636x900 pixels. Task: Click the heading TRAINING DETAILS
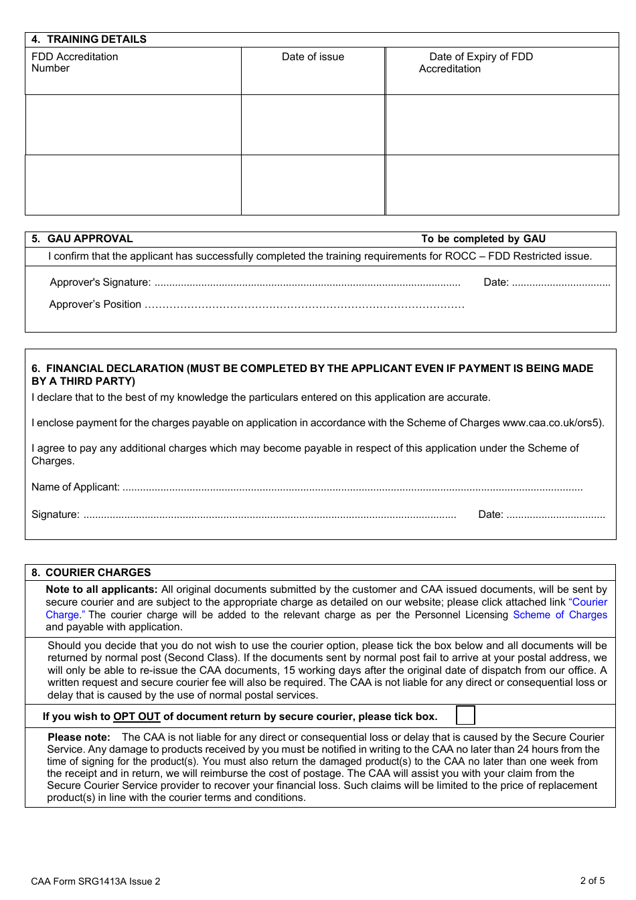(x=96, y=39)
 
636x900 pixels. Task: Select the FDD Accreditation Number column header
(x=74, y=62)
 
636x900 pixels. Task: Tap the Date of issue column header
(x=313, y=57)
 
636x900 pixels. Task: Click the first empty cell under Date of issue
(x=313, y=124)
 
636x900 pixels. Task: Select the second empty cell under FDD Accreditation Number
(x=133, y=185)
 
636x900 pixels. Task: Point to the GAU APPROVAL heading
(x=90, y=239)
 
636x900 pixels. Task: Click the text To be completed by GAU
(x=483, y=239)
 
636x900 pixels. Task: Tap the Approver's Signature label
(x=100, y=282)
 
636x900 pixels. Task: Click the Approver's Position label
(x=95, y=304)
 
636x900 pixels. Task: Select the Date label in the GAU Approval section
(x=495, y=282)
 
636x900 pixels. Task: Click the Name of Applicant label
(x=76, y=487)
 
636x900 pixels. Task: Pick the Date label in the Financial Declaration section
(x=490, y=515)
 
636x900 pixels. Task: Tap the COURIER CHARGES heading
(x=98, y=573)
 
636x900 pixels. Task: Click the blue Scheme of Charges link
(x=560, y=615)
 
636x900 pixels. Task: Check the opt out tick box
(x=465, y=715)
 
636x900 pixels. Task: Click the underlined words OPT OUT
(x=137, y=717)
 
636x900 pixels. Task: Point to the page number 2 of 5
(x=592, y=881)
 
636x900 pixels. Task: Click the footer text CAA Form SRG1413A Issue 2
(x=96, y=881)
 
